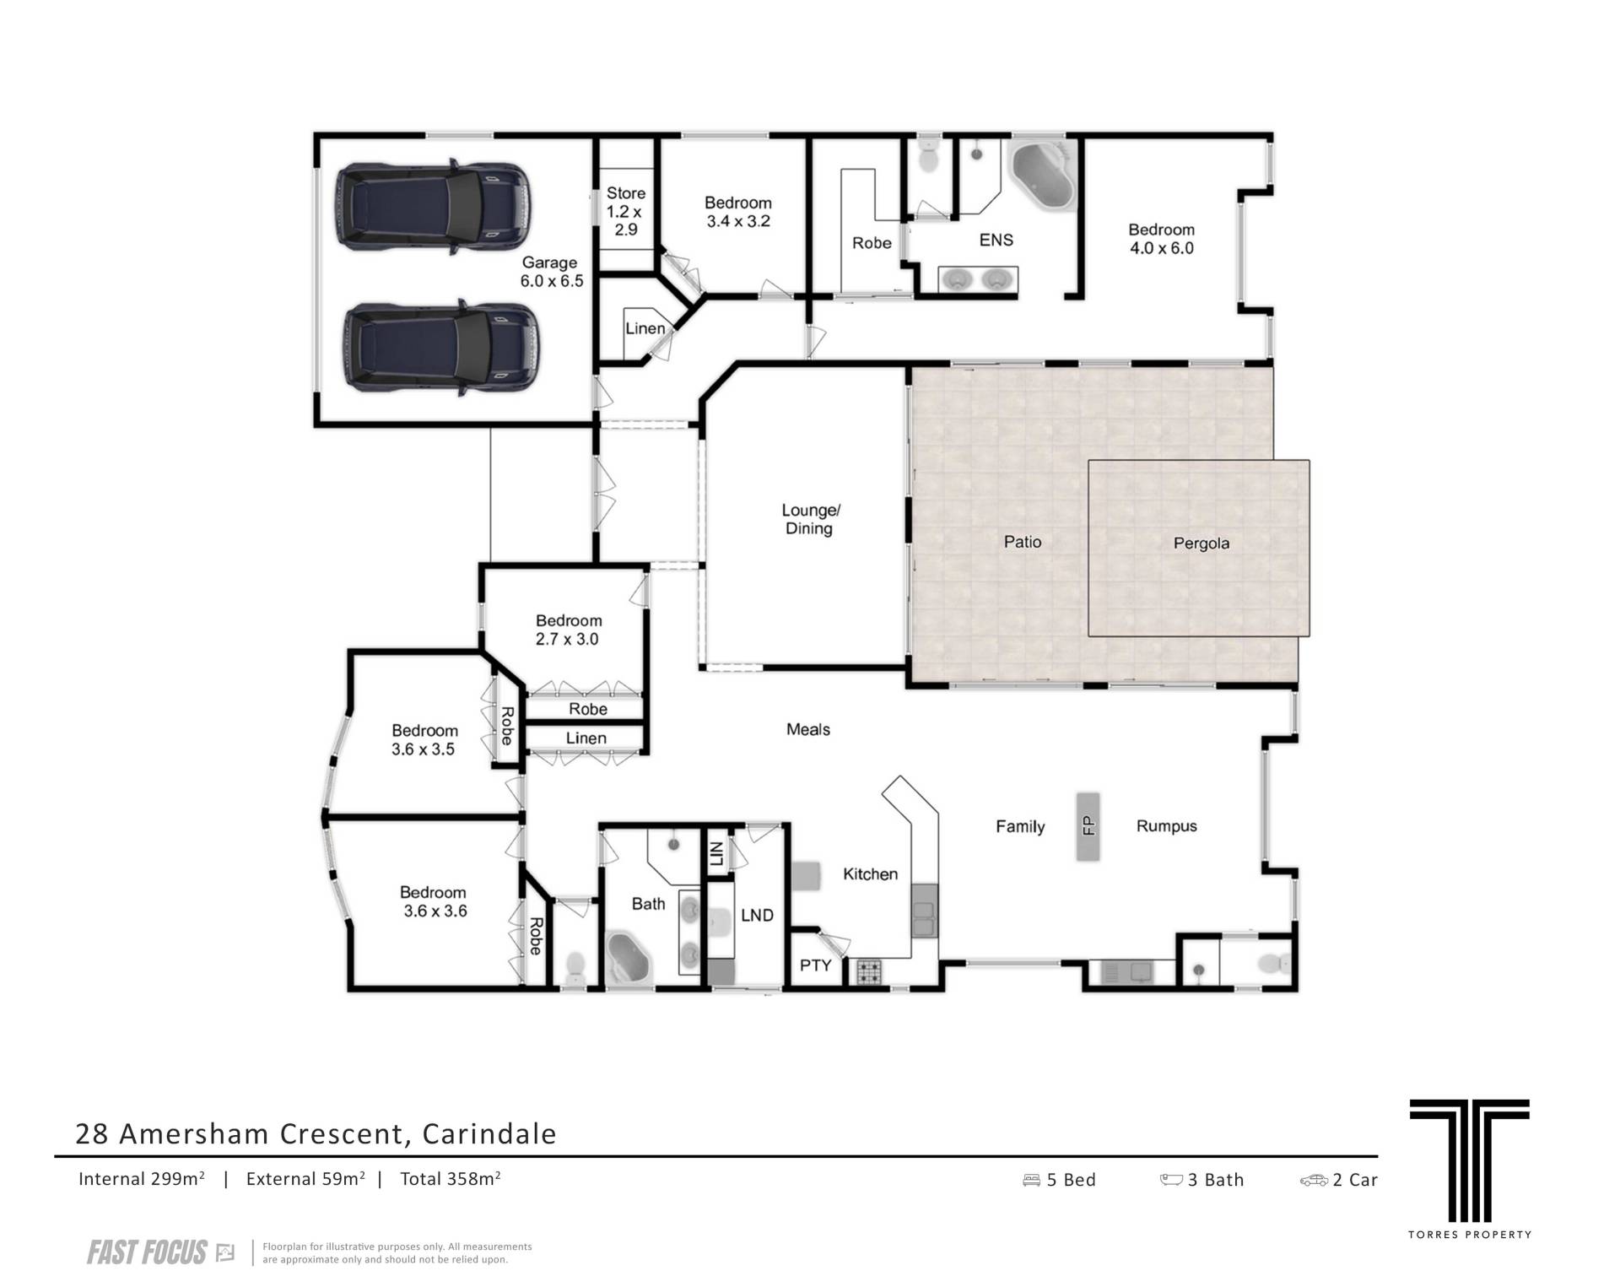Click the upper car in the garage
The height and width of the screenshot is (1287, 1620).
[x=435, y=206]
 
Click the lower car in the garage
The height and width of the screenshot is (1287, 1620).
[x=440, y=347]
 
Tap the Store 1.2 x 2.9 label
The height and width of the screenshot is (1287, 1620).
[x=626, y=211]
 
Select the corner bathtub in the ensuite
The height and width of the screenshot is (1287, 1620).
[x=1043, y=176]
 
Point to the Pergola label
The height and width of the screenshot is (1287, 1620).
[x=1201, y=543]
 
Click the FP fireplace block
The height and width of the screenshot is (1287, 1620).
[x=1088, y=825]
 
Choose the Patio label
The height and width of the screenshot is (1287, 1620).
[x=1023, y=542]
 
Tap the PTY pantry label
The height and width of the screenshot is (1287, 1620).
[x=815, y=965]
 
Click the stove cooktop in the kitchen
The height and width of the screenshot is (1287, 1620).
[x=869, y=972]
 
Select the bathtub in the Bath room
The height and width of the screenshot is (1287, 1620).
[x=629, y=958]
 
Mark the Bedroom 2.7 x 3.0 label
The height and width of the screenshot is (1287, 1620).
[x=568, y=630]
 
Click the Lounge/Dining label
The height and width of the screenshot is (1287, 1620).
[x=810, y=519]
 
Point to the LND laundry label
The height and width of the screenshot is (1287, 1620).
[x=757, y=915]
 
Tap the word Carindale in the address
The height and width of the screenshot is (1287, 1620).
[x=489, y=1133]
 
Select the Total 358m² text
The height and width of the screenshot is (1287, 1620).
[x=451, y=1179]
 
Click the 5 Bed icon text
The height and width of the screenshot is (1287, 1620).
[x=1060, y=1180]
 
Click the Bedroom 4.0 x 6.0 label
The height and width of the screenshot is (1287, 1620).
[x=1161, y=239]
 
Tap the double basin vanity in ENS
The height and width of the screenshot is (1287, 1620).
[x=979, y=278]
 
